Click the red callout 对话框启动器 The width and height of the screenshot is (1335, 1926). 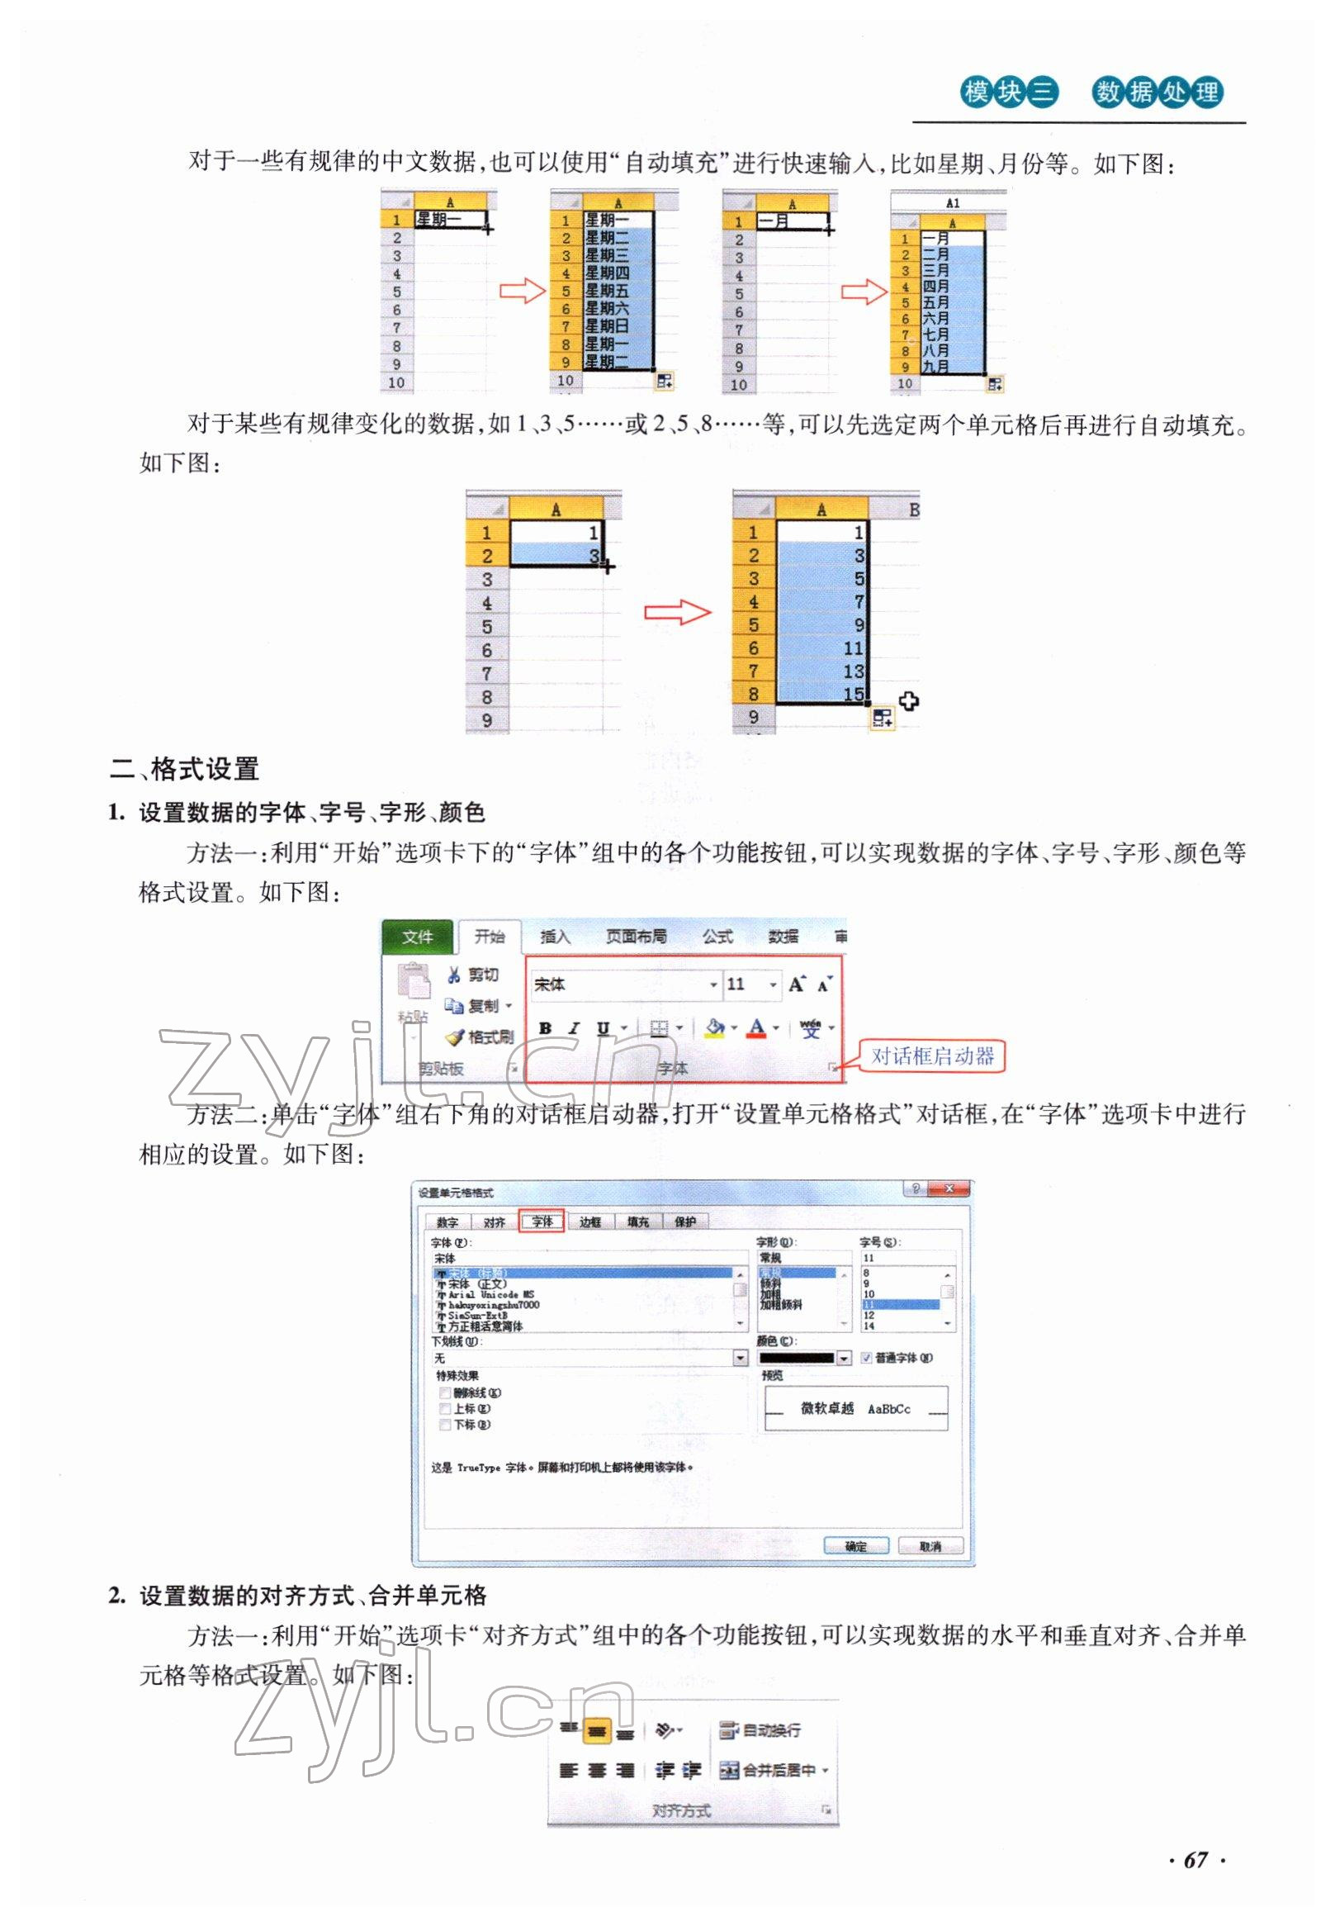click(x=933, y=1056)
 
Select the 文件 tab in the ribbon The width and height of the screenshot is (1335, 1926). click(x=417, y=937)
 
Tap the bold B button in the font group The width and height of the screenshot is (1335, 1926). click(x=546, y=1028)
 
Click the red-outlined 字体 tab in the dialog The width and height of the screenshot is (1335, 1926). click(x=542, y=1222)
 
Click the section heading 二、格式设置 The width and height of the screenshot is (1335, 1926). click(x=185, y=768)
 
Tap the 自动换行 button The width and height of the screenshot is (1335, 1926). click(x=762, y=1729)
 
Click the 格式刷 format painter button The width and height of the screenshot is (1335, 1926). click(x=481, y=1037)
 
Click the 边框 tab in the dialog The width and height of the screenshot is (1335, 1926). click(x=590, y=1222)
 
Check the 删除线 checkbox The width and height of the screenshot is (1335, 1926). click(x=445, y=1392)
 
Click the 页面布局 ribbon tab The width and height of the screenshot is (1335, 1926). click(x=636, y=937)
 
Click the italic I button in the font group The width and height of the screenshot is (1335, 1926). click(x=574, y=1028)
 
